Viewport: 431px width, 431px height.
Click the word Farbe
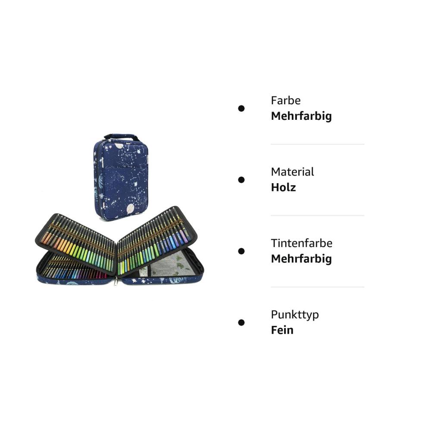286,100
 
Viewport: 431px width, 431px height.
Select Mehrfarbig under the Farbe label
301,116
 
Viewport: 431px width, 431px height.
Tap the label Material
292,172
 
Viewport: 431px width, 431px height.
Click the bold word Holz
284,187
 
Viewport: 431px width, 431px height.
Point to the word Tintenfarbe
302,243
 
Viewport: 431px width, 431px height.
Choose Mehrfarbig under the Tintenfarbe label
301,259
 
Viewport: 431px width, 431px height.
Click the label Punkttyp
295,315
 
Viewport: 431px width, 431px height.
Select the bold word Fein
282,330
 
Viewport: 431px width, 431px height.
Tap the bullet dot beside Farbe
241,109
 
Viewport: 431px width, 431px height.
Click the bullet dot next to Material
241,180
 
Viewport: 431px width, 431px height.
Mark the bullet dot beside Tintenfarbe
241,251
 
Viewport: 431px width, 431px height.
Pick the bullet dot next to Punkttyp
241,322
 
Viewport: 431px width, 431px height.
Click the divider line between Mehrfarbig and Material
318,144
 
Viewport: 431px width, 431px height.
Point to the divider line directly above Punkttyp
318,287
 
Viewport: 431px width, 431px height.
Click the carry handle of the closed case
121,137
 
